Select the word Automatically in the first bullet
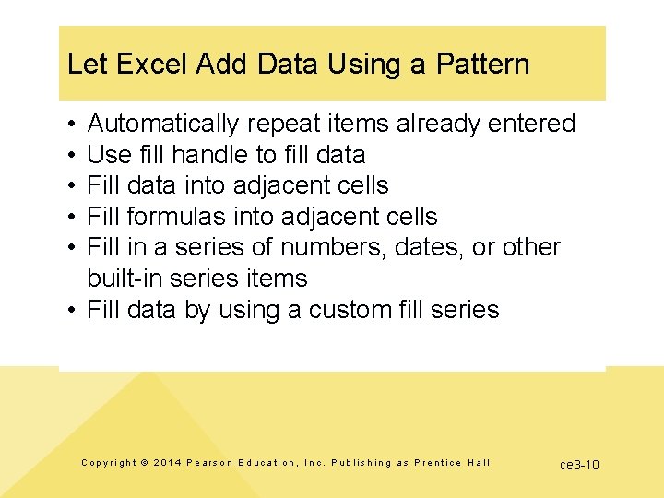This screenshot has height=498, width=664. click(x=162, y=124)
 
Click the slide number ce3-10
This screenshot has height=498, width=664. click(x=579, y=465)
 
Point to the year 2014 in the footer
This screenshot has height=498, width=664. click(x=168, y=463)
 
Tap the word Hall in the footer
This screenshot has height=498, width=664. click(x=480, y=463)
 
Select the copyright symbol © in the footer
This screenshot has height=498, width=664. click(x=144, y=463)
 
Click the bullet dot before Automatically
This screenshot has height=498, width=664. click(x=71, y=124)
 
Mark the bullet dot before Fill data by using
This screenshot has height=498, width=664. click(x=71, y=310)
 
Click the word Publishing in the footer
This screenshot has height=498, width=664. click(x=362, y=463)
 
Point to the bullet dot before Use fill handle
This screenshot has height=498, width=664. click(x=71, y=154)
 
